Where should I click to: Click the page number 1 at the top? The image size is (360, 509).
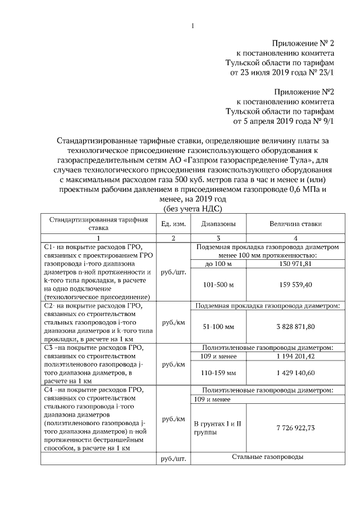tap(192, 25)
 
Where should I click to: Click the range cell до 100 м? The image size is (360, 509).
tap(210, 264)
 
